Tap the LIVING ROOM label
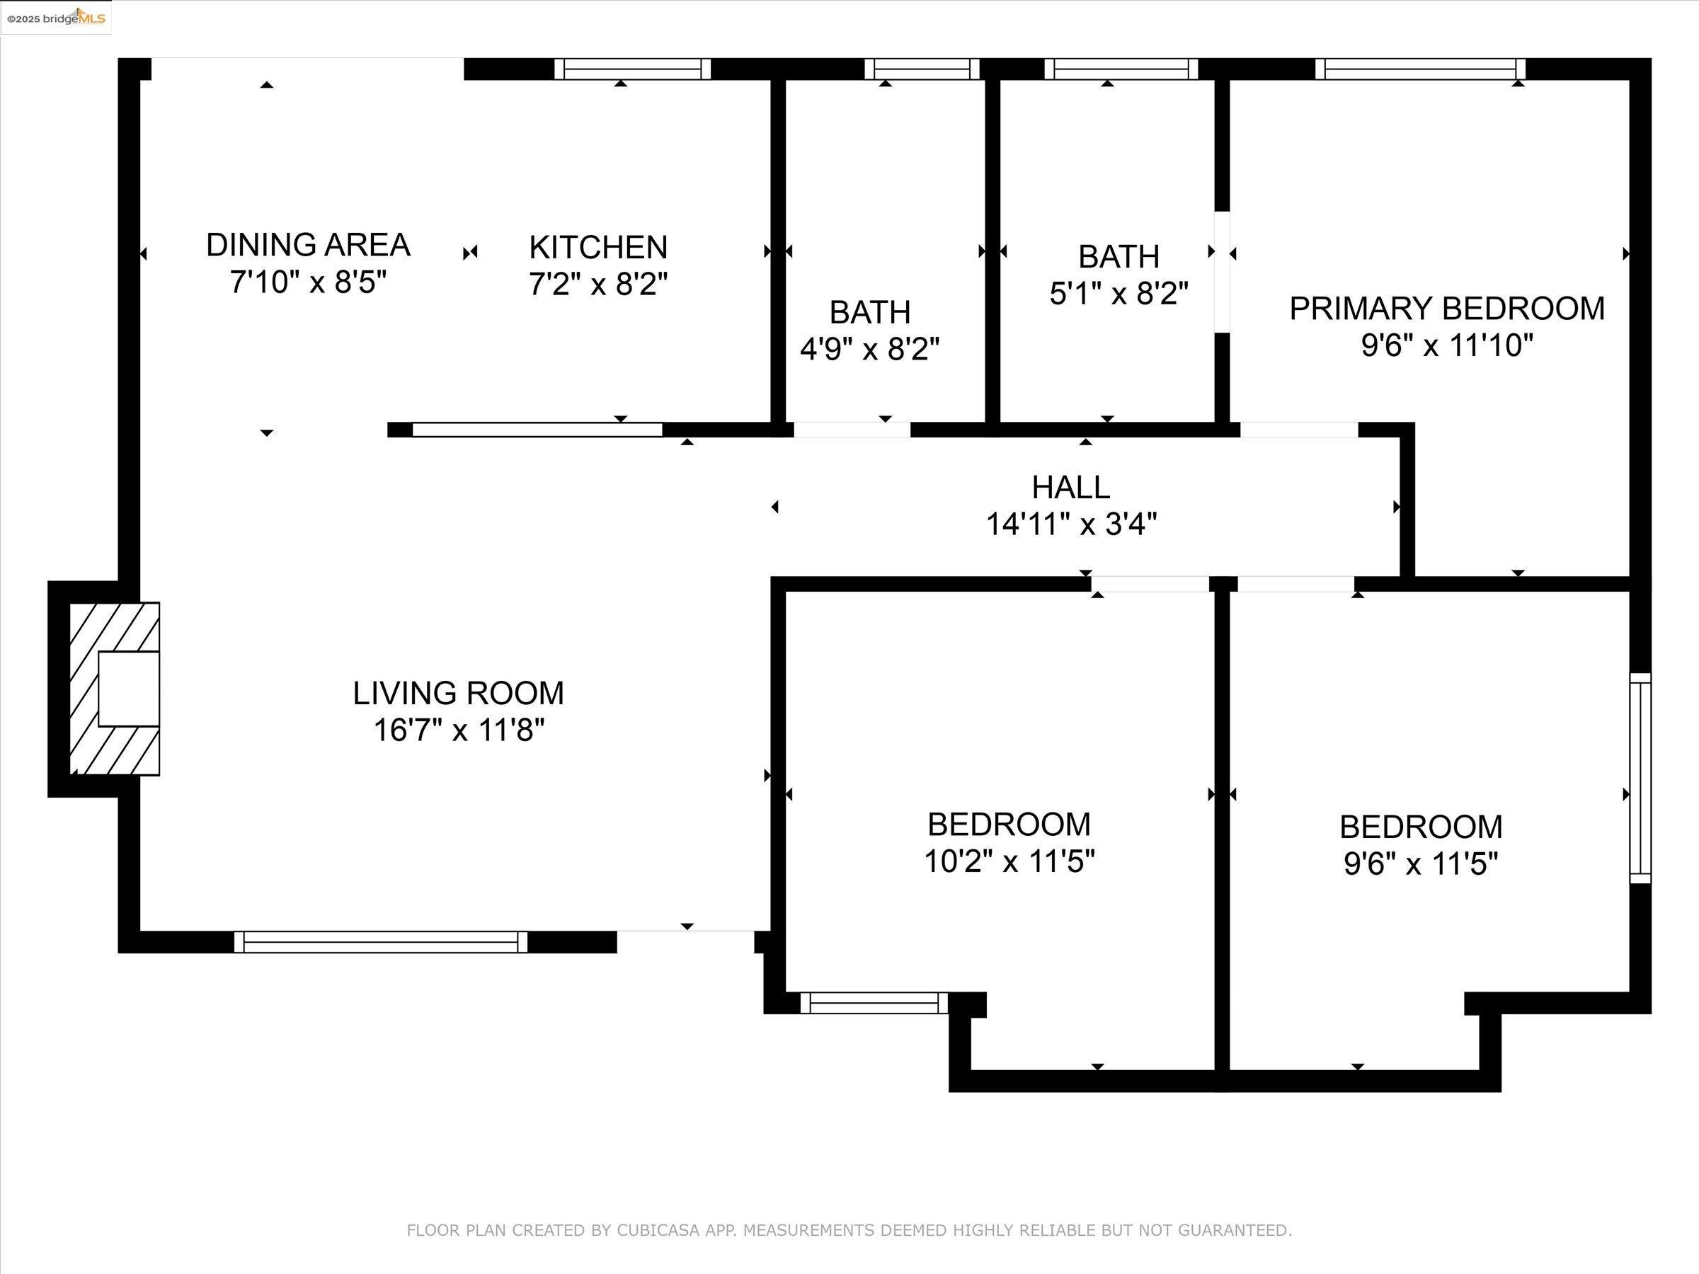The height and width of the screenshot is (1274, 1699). (459, 694)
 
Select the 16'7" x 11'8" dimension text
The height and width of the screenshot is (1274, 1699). (459, 730)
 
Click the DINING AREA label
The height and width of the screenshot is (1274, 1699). (308, 245)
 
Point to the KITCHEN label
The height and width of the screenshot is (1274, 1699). (598, 247)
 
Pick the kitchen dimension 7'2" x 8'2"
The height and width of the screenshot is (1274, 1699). (598, 284)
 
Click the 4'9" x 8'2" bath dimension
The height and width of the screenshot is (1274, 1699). (869, 350)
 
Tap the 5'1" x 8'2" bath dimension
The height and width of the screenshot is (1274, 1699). (1119, 293)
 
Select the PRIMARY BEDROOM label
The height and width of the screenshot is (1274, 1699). (1447, 309)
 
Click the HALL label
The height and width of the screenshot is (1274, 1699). (1070, 487)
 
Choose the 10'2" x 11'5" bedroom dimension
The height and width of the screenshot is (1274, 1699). (1009, 861)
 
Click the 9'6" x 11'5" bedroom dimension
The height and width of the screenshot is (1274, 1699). (1420, 865)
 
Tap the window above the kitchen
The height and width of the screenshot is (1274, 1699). (632, 69)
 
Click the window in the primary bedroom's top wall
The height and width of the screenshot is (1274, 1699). (1420, 69)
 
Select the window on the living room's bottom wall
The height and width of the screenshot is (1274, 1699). (381, 941)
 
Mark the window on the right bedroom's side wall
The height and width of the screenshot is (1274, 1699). (1640, 778)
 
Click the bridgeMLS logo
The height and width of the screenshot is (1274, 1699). (56, 17)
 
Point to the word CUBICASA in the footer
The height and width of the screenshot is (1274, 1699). (658, 1230)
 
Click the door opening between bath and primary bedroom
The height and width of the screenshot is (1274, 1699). (1221, 272)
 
